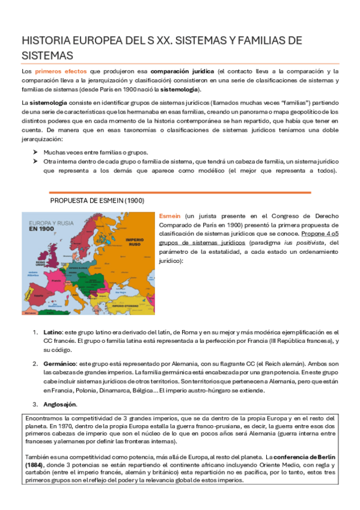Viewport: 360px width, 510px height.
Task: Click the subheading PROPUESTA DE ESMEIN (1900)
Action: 97,201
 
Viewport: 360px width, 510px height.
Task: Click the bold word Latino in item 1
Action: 54,332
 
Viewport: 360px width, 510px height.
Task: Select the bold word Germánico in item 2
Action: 59,364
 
